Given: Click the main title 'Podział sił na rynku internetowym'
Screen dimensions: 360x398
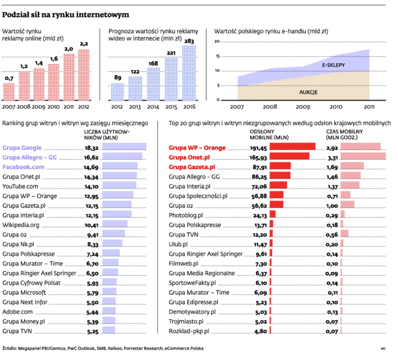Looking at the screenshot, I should tap(65, 15).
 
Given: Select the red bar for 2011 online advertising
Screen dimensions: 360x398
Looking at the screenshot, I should tap(68, 77).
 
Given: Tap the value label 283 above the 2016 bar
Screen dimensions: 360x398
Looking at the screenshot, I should tap(189, 41).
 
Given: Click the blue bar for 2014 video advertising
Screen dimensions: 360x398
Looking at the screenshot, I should tap(154, 84).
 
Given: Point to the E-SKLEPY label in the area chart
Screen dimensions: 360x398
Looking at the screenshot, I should tap(333, 66).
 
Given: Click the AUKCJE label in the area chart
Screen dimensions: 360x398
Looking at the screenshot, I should tap(308, 92).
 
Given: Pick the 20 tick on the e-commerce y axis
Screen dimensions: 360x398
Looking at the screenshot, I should tap(217, 42).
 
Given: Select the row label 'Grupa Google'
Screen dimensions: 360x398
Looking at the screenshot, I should tap(22, 147).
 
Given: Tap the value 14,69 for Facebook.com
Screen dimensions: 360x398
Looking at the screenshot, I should tap(91, 167).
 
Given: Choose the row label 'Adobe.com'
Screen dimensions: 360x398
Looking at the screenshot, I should tap(18, 312).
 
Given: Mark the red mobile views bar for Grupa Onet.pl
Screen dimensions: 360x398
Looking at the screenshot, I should tap(290, 156).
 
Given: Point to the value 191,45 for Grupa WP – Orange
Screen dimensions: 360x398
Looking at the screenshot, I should tap(258, 148).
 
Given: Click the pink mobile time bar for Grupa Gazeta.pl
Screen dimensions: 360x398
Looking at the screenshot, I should tap(352, 166).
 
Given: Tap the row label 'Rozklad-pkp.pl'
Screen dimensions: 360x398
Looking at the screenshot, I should tap(189, 331).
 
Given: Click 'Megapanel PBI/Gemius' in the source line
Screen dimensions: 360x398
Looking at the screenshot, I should tap(41, 348).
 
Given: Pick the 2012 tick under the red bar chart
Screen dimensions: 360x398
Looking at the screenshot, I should tap(83, 107).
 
